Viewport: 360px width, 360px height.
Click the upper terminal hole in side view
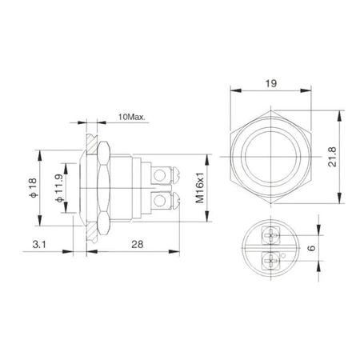167,172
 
